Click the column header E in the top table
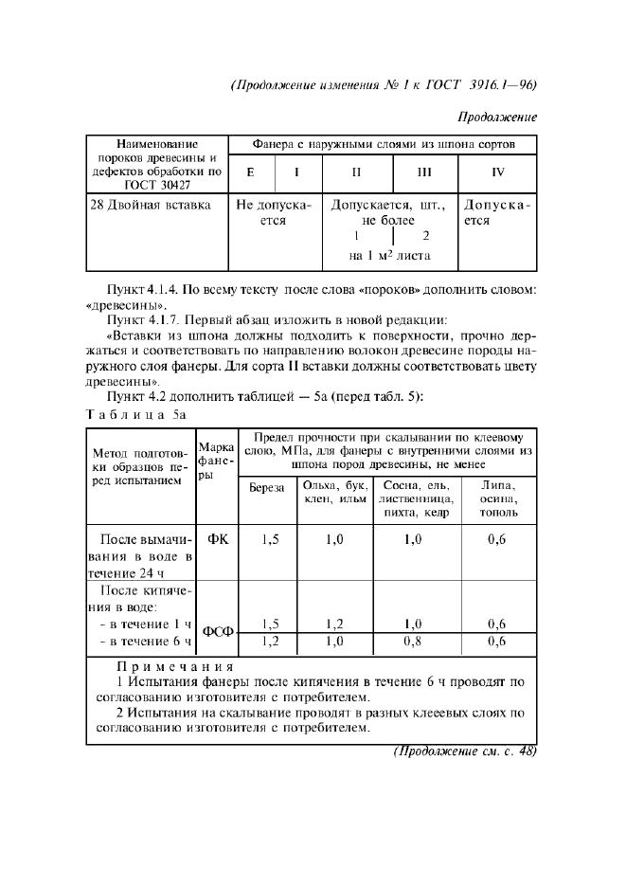250,172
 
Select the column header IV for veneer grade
498,172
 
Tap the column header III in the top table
424,172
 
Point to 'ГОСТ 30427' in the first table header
157,186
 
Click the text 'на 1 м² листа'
390,256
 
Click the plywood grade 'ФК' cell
217,539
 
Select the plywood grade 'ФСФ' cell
217,632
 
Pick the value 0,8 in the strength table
413,642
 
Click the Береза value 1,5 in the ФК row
270,539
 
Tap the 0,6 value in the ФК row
497,539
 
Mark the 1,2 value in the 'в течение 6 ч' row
270,642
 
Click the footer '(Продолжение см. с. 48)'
464,751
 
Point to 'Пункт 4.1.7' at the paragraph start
144,319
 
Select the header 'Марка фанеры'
217,460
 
